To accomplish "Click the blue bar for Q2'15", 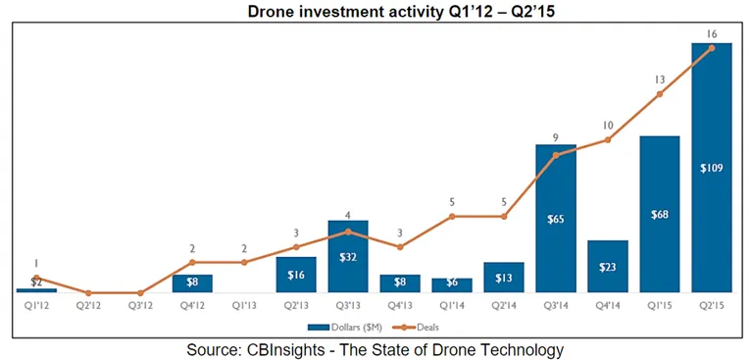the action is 711,168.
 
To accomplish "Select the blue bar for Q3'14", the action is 556,218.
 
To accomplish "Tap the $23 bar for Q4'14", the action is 608,266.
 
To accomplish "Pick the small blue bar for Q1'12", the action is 36,290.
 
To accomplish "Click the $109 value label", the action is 712,168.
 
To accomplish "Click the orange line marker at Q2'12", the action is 88,292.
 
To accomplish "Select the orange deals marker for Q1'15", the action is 659,94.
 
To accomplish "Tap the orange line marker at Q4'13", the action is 400,247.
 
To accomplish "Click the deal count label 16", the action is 712,34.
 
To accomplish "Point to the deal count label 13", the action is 659,79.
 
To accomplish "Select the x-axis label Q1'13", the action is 244,306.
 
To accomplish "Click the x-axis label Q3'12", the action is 140,306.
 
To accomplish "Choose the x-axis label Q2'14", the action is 504,306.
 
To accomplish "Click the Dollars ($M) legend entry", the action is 345,328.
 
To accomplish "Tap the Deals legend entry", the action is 416,328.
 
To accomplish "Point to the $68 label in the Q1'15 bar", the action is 659,214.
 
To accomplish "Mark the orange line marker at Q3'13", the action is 348,231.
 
